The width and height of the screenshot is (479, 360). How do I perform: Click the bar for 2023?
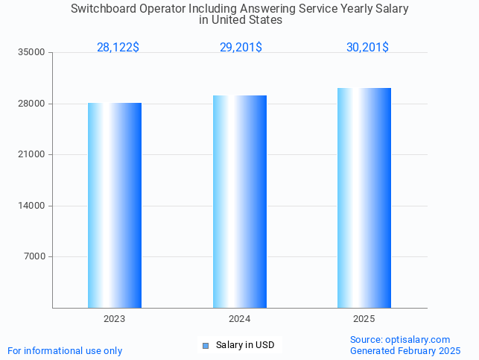pos(115,205)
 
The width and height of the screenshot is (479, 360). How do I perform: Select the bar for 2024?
pos(240,201)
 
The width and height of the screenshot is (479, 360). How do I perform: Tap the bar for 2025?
pos(364,198)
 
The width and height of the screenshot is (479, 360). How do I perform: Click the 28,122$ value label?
pos(118,48)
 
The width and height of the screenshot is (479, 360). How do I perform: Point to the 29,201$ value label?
pos(241,48)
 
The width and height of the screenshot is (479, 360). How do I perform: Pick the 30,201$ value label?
pos(367,48)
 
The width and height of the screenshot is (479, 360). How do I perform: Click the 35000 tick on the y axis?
pos(33,52)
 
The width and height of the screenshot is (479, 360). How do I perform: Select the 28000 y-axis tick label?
pos(33,104)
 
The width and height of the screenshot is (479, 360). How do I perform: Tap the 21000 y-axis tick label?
pos(33,154)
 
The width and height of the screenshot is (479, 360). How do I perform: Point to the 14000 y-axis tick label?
pos(33,206)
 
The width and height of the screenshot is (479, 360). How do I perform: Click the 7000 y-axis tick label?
pos(35,256)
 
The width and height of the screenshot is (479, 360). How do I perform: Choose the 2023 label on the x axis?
pos(115,319)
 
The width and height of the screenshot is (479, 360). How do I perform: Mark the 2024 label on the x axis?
pos(240,319)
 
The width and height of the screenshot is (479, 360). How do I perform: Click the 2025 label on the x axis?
pos(364,319)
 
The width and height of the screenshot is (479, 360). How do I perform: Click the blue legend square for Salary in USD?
pos(206,345)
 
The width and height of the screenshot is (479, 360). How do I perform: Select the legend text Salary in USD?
pos(245,345)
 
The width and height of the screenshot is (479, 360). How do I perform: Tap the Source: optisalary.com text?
pos(400,340)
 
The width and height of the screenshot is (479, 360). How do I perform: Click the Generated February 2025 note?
pos(405,351)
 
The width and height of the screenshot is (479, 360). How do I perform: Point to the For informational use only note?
pos(65,351)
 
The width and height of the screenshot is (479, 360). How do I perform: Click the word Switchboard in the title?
pos(104,9)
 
